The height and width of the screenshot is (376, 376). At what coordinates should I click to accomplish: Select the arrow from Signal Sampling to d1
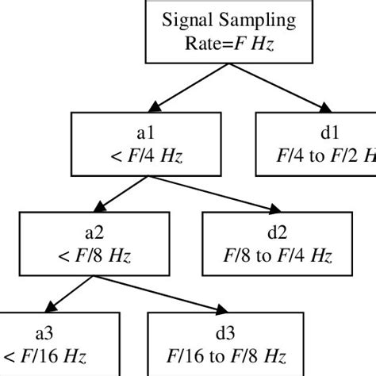click(x=276, y=89)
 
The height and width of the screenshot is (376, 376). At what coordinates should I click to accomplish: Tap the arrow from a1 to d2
click(x=212, y=195)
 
